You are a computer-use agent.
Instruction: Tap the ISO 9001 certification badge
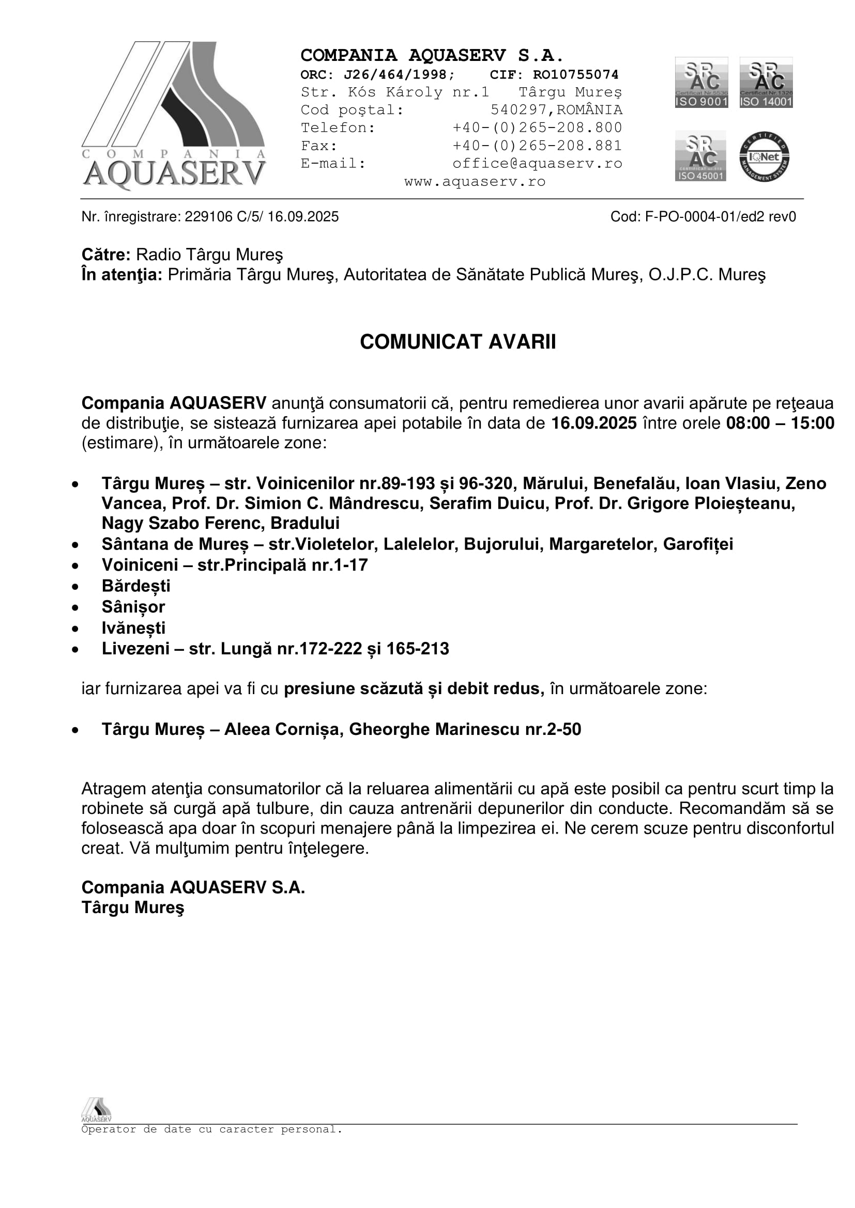701,83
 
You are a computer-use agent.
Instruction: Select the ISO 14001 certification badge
766,83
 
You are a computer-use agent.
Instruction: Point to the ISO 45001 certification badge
700,156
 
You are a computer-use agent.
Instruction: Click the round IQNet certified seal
764,157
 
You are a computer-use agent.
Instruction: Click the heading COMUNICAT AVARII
457,342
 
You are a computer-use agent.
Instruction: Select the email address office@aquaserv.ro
537,164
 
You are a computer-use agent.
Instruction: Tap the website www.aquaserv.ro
475,181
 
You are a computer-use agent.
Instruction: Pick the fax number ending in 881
537,146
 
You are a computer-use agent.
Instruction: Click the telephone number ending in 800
537,128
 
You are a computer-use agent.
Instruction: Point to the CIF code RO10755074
575,75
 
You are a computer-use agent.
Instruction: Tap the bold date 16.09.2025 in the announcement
594,423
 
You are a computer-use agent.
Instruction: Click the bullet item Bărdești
136,586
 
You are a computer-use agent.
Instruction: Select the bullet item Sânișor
133,607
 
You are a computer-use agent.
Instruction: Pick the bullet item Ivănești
134,628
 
